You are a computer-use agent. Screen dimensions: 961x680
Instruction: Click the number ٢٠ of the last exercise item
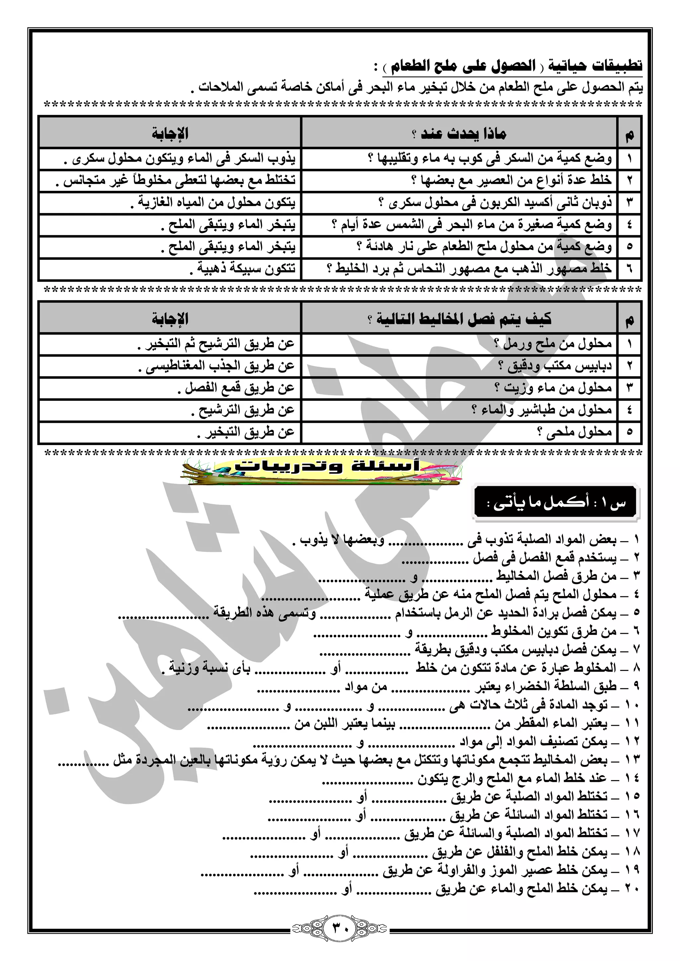tap(632, 888)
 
